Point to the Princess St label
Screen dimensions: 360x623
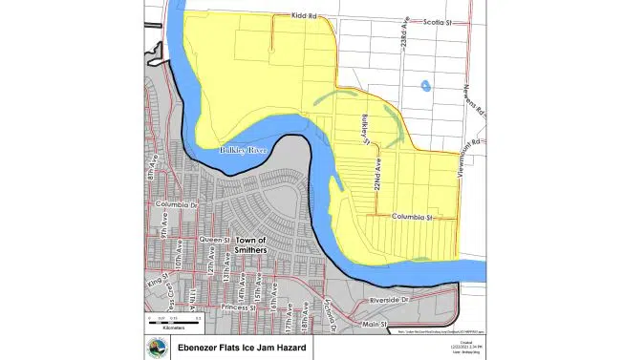pyautogui.click(x=233, y=307)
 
